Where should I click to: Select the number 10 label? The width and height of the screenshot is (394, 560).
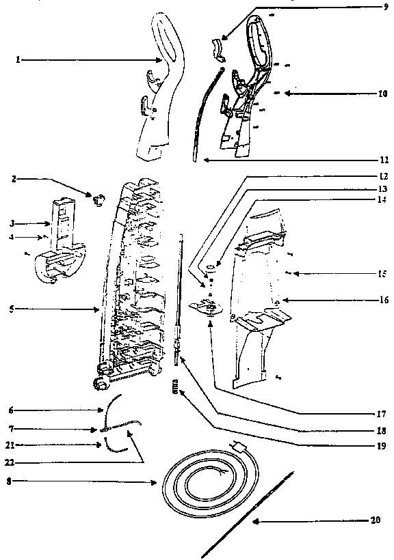(373, 94)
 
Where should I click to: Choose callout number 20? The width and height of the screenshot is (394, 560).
(374, 520)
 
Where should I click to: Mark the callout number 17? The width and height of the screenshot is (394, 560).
(373, 414)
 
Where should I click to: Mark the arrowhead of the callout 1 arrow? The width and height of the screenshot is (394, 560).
(161, 60)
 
